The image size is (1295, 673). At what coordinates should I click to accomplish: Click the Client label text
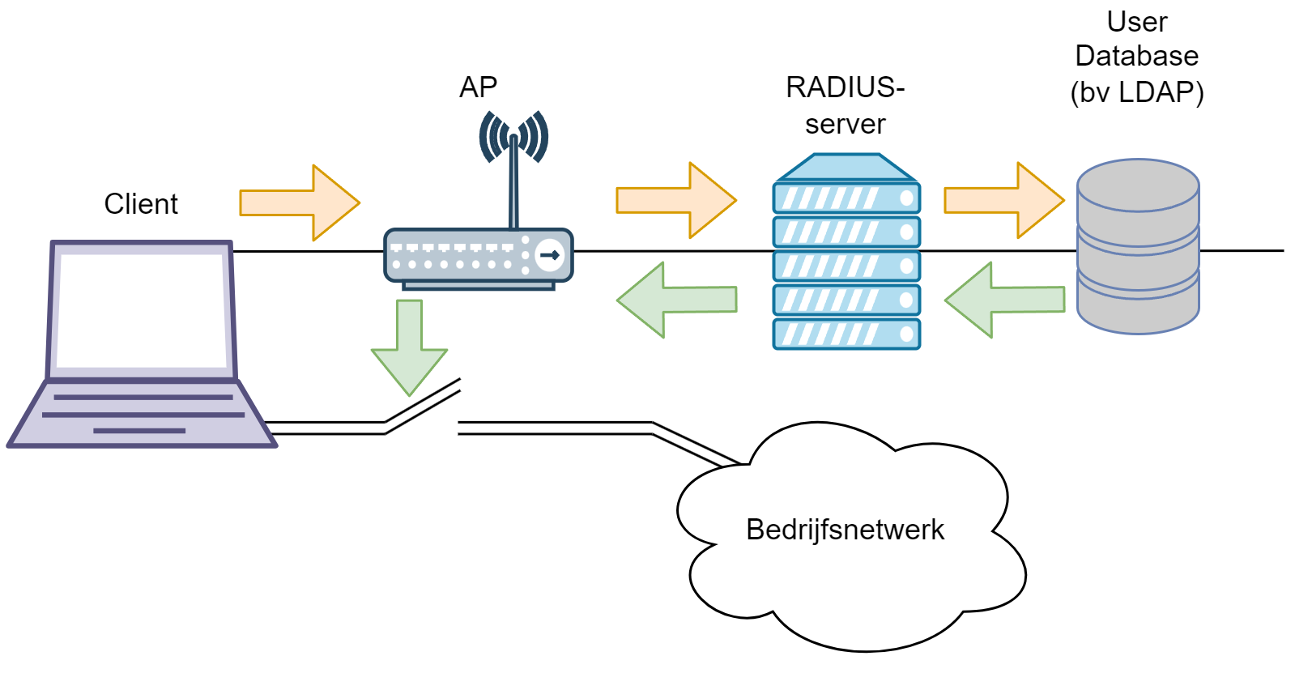click(x=141, y=204)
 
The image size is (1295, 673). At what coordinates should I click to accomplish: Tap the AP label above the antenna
click(x=478, y=87)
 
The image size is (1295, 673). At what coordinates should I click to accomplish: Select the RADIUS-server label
click(x=845, y=105)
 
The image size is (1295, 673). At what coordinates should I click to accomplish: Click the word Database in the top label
click(x=1136, y=56)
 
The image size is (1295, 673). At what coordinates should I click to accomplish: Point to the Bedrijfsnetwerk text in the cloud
click(x=845, y=530)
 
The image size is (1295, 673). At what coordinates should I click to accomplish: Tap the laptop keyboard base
click(x=142, y=414)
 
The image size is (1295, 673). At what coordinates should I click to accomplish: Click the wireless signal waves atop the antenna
click(x=513, y=136)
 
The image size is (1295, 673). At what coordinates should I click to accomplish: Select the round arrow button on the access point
click(x=550, y=255)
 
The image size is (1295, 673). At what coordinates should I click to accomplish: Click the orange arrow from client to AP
click(x=299, y=202)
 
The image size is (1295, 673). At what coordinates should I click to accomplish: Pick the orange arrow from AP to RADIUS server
click(x=675, y=200)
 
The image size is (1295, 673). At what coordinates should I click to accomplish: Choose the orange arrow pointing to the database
click(x=1003, y=200)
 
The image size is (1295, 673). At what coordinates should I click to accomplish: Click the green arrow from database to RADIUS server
click(x=1005, y=300)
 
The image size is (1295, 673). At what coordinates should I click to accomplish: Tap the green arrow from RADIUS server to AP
click(x=677, y=300)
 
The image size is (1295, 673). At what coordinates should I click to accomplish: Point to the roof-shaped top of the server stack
click(x=846, y=168)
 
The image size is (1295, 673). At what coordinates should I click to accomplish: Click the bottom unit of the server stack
click(x=846, y=334)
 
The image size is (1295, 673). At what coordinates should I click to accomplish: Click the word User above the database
click(x=1137, y=22)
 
